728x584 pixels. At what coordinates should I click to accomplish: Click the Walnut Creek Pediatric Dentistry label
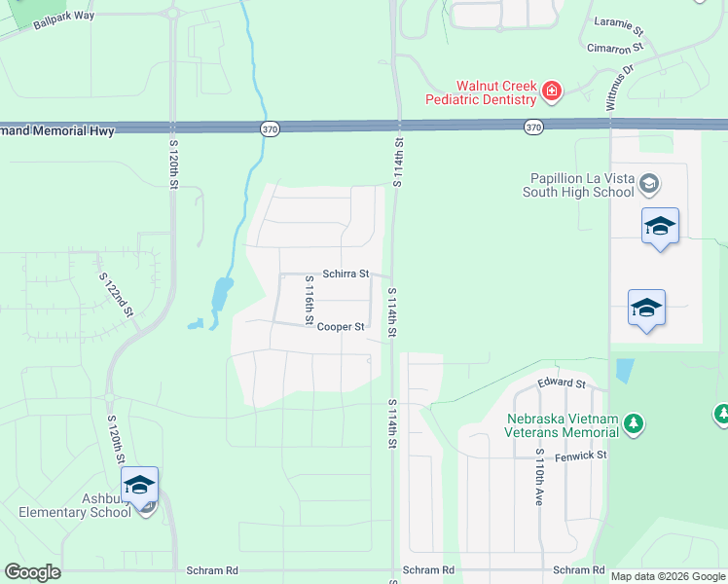coord(482,91)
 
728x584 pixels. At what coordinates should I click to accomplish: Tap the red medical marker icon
coord(552,91)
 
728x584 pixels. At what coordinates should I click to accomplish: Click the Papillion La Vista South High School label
coord(582,185)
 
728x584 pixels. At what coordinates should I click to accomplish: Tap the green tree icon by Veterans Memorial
coord(634,422)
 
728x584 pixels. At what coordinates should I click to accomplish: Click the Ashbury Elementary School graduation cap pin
coord(139,485)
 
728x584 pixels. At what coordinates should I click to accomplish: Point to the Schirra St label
coord(346,274)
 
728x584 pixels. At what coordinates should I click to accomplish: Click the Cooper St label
coord(341,327)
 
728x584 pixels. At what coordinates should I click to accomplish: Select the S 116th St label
coord(309,300)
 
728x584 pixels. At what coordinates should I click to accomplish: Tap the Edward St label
coord(562,384)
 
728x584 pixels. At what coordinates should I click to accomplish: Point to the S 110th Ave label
coord(538,477)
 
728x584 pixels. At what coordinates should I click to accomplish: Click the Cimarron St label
coord(615,47)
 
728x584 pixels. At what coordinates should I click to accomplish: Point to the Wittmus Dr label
coord(620,88)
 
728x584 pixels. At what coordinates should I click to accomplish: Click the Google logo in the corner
coord(33,572)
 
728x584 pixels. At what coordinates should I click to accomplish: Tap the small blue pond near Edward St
coord(624,371)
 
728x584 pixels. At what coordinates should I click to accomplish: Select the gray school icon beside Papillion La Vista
coord(649,183)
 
